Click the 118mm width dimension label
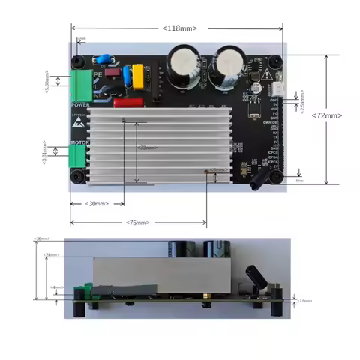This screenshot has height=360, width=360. (179, 28)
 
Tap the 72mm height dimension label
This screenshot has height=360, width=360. (328, 116)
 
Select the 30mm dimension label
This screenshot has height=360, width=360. (96, 204)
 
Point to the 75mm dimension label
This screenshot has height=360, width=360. (138, 223)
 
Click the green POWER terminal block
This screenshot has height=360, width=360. (80, 84)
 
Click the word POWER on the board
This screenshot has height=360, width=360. (80, 106)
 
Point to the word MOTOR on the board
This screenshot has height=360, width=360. (80, 142)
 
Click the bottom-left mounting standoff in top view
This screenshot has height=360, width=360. (77, 176)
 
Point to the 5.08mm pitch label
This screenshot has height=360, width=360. (46, 82)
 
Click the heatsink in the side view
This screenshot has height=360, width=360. (161, 274)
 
